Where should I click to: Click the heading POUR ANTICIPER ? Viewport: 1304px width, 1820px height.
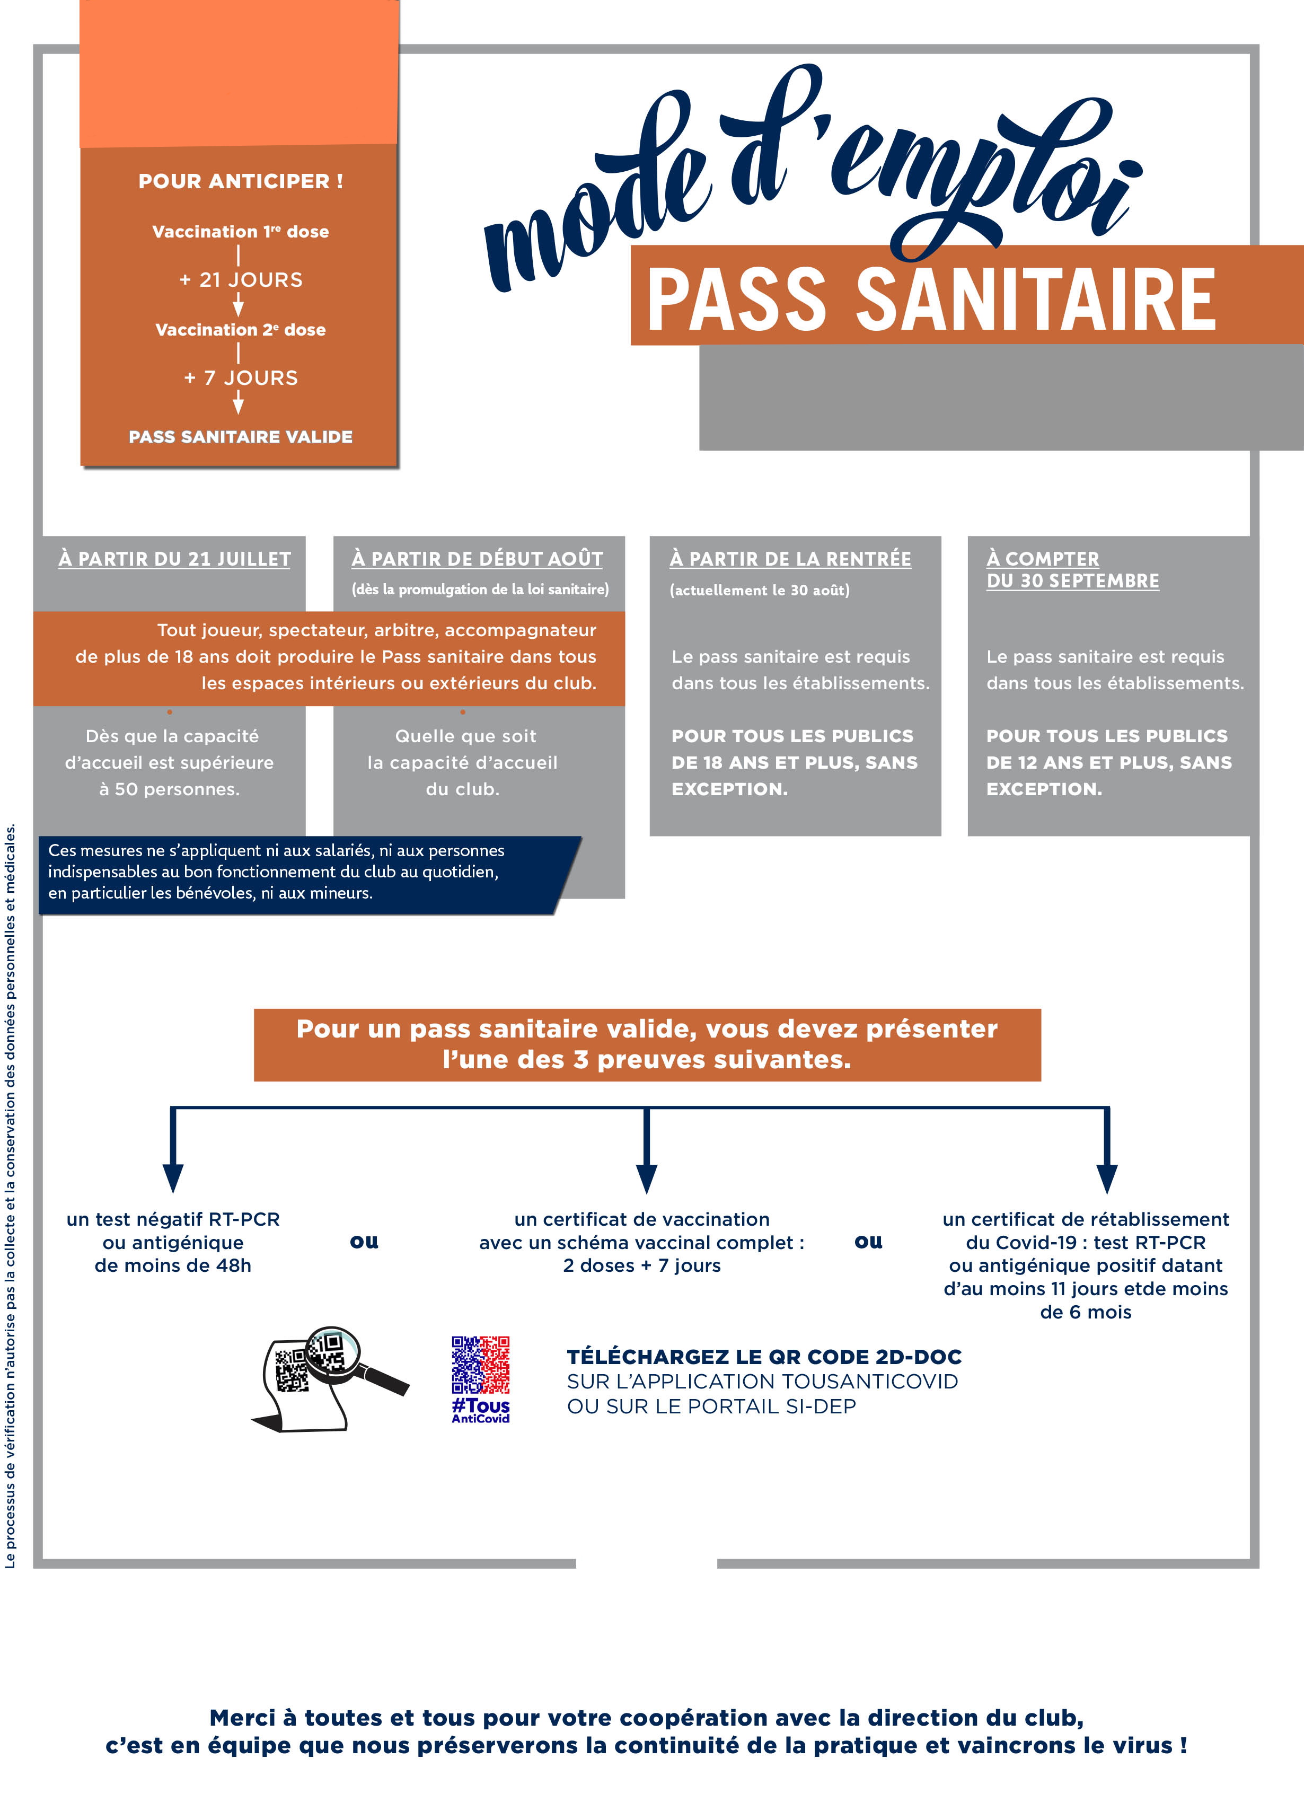(x=240, y=181)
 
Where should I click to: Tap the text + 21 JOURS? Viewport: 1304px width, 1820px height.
(x=240, y=280)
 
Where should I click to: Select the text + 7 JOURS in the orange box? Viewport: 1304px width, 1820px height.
(x=240, y=378)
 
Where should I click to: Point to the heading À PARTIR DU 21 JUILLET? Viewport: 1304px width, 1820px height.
(x=174, y=559)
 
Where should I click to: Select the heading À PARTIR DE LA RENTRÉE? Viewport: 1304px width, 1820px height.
(x=790, y=559)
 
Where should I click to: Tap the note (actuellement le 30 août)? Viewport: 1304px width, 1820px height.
(x=759, y=591)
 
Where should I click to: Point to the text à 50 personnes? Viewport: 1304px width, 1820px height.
(x=169, y=789)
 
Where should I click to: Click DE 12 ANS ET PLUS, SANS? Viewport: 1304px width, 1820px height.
(x=1108, y=762)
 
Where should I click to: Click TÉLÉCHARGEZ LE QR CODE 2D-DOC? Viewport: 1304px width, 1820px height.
(x=763, y=1357)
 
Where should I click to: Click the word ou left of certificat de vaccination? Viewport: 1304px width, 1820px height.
(x=364, y=1242)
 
